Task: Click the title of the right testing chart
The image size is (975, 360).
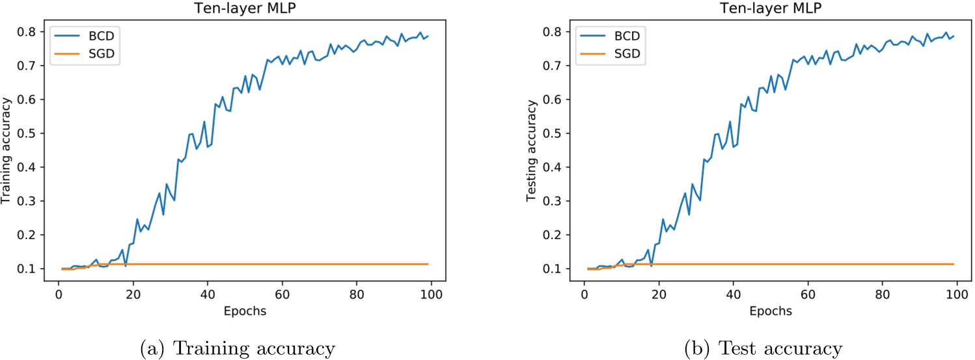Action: (x=769, y=7)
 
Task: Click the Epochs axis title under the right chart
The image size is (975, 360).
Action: (x=770, y=311)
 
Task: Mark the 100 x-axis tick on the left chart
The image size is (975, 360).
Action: (x=432, y=294)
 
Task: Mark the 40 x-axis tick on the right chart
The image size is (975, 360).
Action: (x=733, y=294)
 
